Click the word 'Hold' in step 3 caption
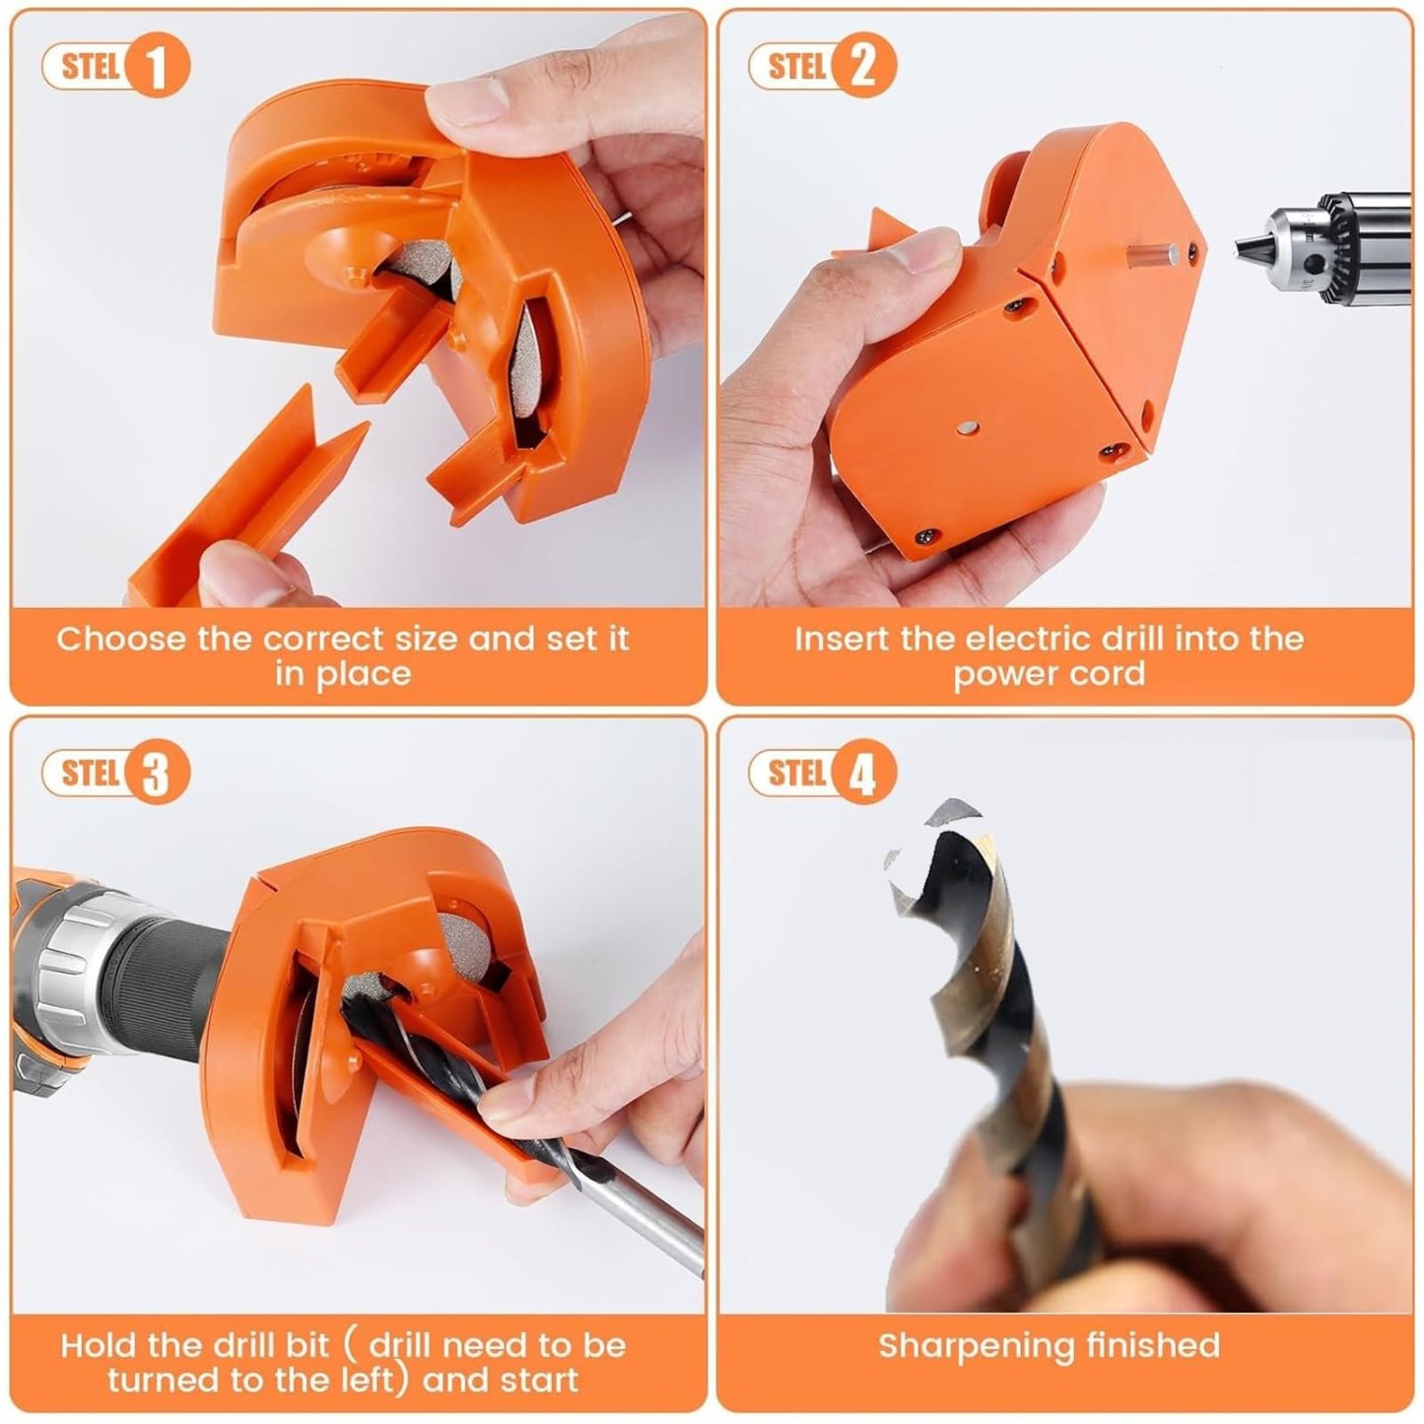pos(98,1345)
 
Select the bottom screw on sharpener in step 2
pos(927,536)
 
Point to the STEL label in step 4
pos(795,773)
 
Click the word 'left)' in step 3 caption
pos(375,1380)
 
